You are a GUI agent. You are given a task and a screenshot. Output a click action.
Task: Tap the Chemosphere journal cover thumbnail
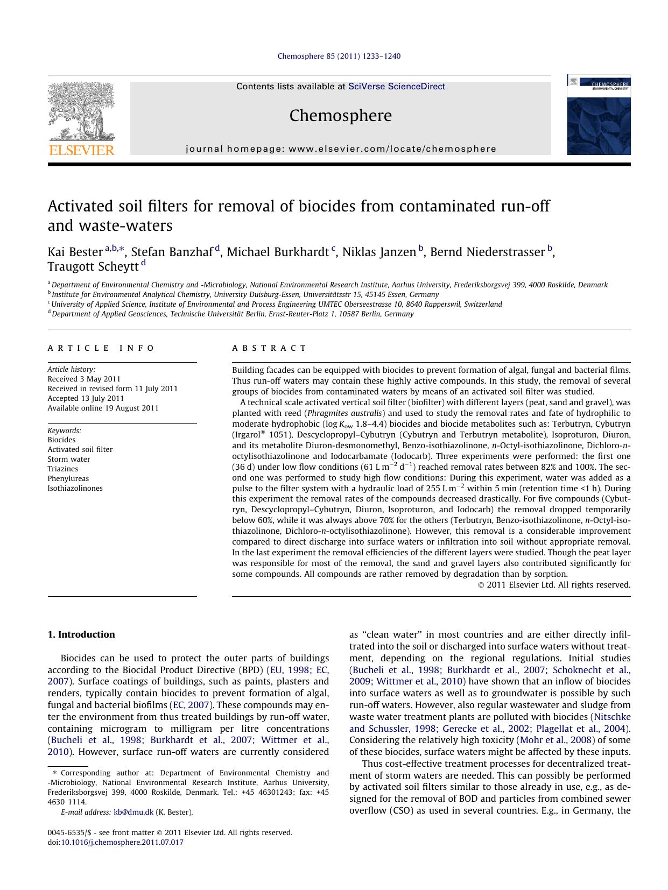pyautogui.click(x=598, y=115)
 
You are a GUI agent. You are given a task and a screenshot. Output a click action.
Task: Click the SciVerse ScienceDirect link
pyautogui.click(x=396, y=86)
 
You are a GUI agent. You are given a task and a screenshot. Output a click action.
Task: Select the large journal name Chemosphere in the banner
pyautogui.click(x=340, y=115)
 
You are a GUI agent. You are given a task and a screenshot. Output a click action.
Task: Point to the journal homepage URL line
pyautogui.click(x=341, y=149)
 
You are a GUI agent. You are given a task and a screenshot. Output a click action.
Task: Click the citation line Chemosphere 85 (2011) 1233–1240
pyautogui.click(x=339, y=56)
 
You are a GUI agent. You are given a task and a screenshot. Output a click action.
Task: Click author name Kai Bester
pyautogui.click(x=75, y=252)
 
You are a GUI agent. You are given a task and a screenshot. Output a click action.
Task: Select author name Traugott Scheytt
pyautogui.click(x=92, y=267)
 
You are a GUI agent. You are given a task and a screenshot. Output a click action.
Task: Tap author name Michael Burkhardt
pyautogui.click(x=277, y=252)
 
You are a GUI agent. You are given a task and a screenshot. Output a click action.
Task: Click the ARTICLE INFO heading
pyautogui.click(x=101, y=348)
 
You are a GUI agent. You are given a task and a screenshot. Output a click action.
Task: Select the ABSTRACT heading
pyautogui.click(x=269, y=348)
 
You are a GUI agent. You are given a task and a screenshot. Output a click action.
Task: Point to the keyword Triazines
pyautogui.click(x=62, y=469)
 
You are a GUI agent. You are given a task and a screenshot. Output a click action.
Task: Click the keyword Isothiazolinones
pyautogui.click(x=75, y=488)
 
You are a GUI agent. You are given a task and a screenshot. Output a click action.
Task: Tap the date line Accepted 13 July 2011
pyautogui.click(x=86, y=398)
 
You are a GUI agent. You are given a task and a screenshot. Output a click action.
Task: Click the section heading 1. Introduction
pyautogui.click(x=81, y=634)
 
